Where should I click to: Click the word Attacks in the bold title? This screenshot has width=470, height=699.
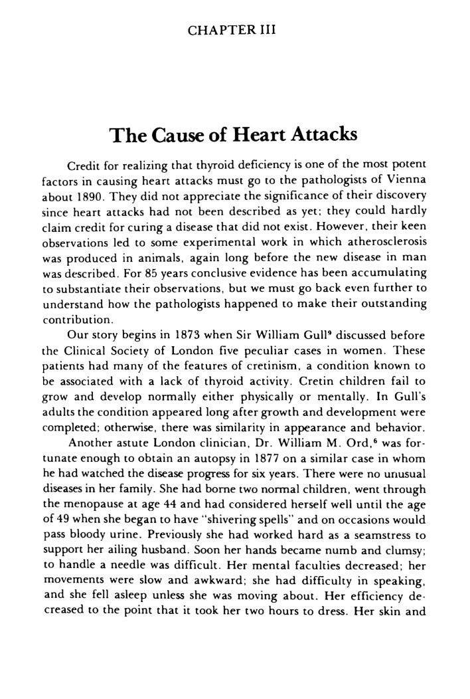tap(320, 136)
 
